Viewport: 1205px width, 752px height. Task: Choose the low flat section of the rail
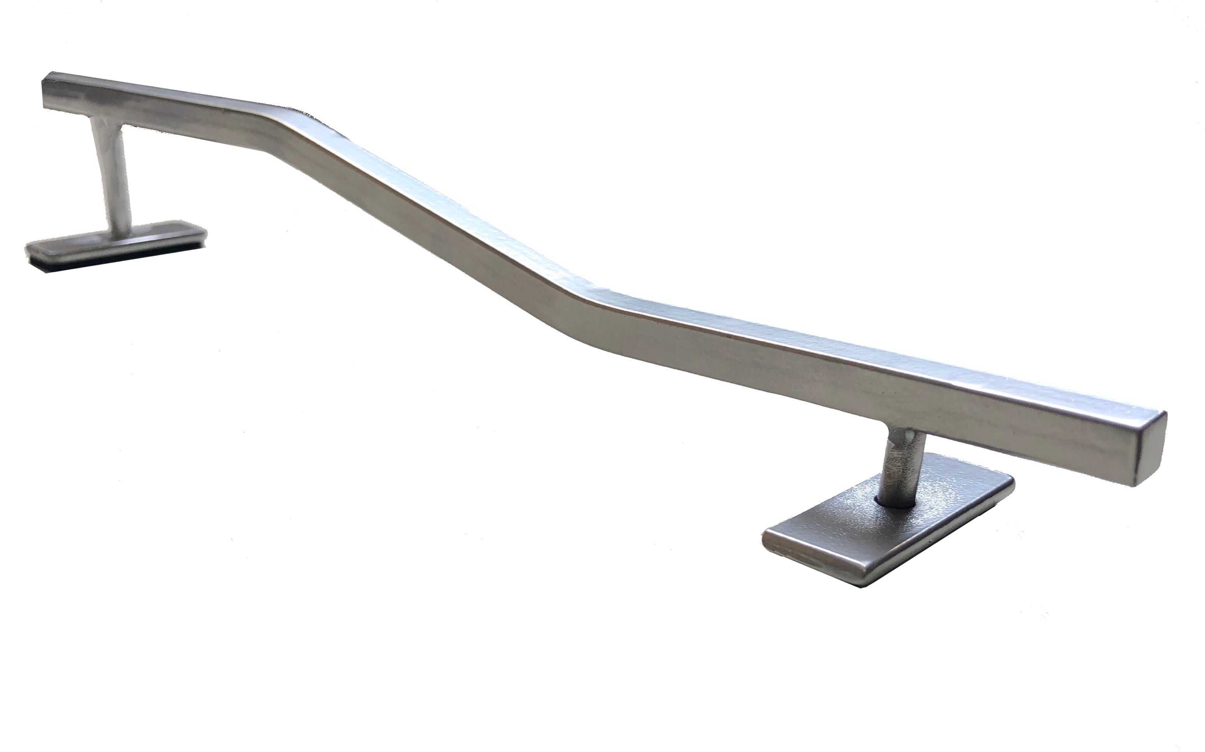[846, 378]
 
